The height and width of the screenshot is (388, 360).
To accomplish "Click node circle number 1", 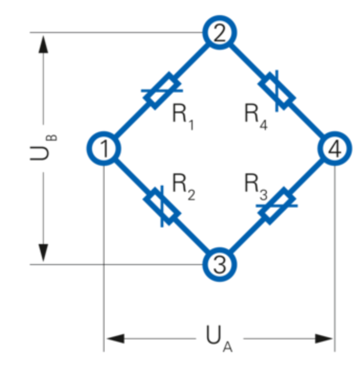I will (104, 149).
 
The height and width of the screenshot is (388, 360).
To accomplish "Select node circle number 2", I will (220, 32).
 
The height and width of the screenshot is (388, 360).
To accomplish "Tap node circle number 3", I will (220, 265).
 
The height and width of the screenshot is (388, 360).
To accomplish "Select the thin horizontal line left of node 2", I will (115, 32).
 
